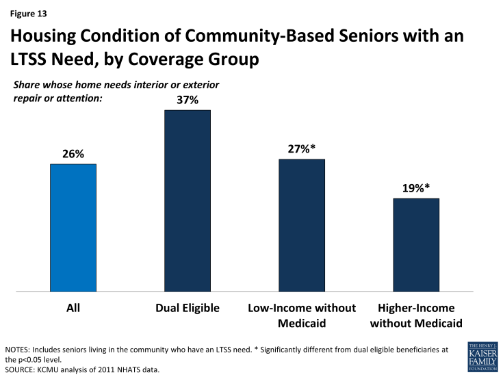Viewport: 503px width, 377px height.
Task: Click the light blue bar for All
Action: click(x=73, y=228)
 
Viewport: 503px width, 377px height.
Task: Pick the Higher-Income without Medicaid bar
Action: click(x=416, y=245)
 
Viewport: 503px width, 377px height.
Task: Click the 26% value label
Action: click(x=73, y=154)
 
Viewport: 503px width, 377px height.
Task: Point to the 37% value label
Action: click(x=188, y=100)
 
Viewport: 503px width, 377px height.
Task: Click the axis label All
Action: click(x=73, y=308)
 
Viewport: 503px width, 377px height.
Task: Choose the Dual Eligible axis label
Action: click(x=188, y=308)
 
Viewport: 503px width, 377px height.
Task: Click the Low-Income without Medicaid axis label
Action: click(x=302, y=315)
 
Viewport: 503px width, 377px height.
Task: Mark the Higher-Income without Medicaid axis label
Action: click(x=416, y=315)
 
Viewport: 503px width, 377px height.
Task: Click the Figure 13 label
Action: click(x=29, y=12)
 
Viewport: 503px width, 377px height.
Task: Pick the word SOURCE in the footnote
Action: click(x=21, y=369)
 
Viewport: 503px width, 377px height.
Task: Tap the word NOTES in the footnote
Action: click(x=18, y=350)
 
